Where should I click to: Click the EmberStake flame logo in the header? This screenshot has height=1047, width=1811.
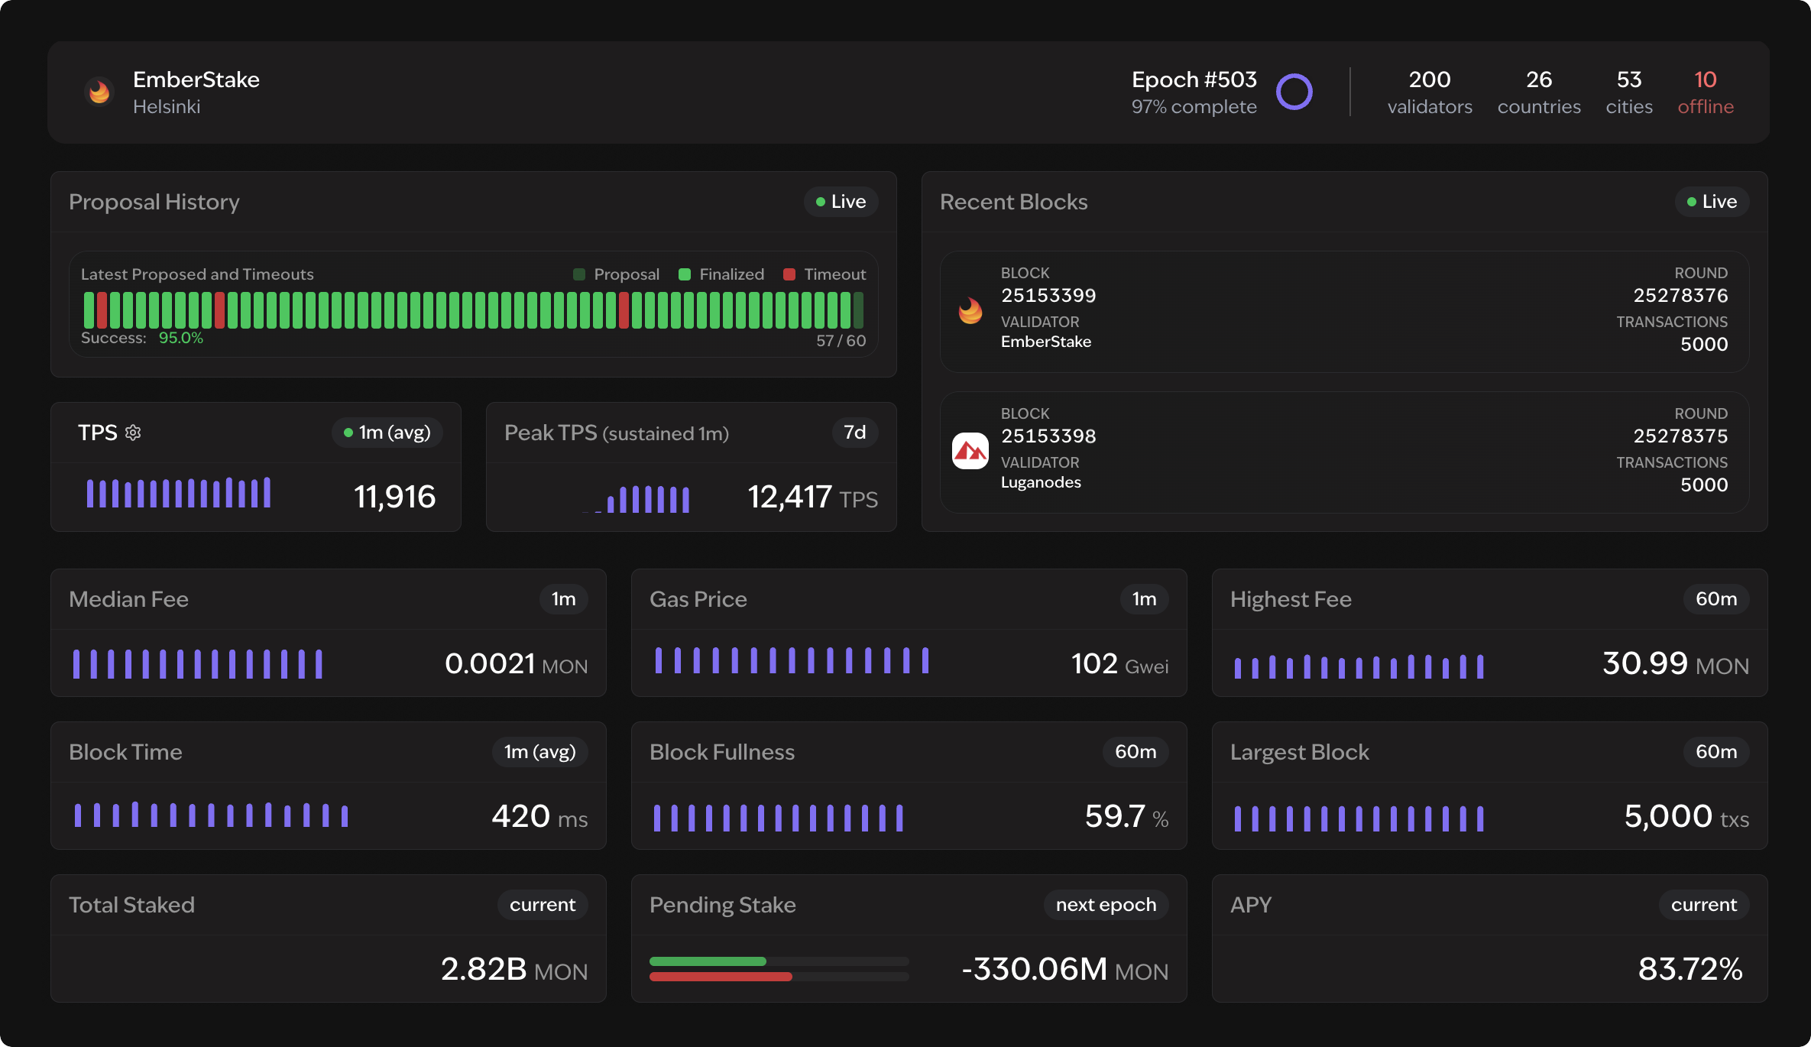click(x=99, y=92)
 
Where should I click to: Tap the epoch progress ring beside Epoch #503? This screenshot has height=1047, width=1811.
click(x=1294, y=92)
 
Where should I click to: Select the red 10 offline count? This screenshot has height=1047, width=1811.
click(x=1705, y=79)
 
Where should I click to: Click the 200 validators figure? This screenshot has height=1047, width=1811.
click(x=1429, y=79)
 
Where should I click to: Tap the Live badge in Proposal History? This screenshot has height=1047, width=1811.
click(x=841, y=202)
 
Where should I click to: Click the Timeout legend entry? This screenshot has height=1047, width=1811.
click(x=825, y=274)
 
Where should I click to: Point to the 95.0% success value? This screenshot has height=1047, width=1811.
click(x=181, y=338)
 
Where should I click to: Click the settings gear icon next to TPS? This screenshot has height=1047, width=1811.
click(x=133, y=433)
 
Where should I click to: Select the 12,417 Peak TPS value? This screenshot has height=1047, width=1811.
click(x=789, y=497)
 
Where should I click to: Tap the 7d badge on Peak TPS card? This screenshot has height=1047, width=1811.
click(x=854, y=433)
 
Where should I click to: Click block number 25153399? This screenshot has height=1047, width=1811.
click(x=1048, y=295)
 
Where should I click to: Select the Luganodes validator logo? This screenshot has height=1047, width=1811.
click(x=970, y=451)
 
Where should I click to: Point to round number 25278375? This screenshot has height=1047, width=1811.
click(x=1680, y=436)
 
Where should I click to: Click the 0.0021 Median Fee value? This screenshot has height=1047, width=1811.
click(x=490, y=663)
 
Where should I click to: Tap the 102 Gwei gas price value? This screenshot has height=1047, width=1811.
click(x=1094, y=663)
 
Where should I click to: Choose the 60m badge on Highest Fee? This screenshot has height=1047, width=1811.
click(x=1715, y=599)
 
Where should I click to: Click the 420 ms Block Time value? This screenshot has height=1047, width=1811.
click(x=521, y=816)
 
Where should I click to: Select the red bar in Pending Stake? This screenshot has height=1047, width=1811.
click(x=720, y=977)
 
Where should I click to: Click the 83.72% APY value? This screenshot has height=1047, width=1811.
click(x=1690, y=969)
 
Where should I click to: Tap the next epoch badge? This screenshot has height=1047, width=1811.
click(x=1105, y=905)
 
